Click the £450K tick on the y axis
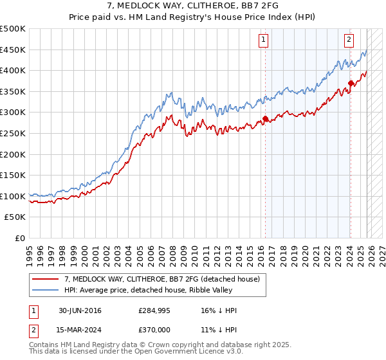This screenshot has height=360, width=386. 13,50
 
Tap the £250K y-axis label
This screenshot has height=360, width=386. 13,133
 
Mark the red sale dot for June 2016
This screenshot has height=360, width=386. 265,119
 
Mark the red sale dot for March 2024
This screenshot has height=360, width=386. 351,83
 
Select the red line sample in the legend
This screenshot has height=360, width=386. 46,279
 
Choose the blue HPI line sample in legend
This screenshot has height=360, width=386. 46,290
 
